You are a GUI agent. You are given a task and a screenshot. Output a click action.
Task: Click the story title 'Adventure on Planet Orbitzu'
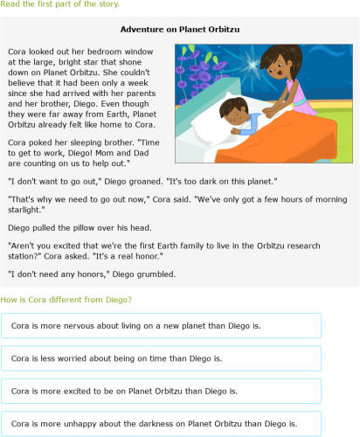(179, 29)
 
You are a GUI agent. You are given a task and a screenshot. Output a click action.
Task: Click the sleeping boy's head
(234, 111)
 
